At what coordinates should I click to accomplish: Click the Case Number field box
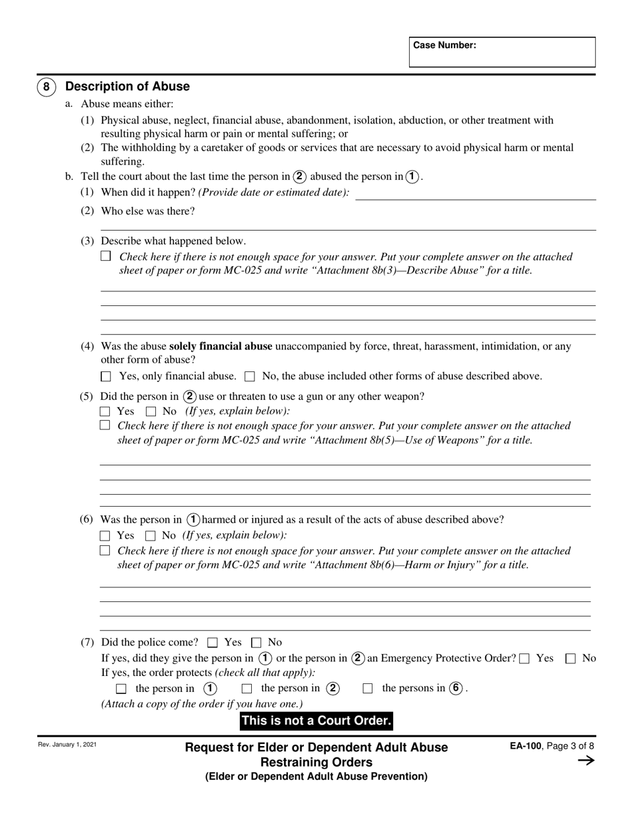tap(502, 52)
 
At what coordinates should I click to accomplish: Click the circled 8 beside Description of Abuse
tap(46, 87)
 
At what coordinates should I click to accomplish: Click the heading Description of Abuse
tap(127, 87)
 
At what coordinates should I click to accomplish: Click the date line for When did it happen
tap(476, 193)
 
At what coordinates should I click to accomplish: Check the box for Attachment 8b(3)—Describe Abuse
tap(105, 256)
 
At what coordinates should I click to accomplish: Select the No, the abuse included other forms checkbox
tap(250, 377)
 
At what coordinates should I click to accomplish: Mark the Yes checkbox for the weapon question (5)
tap(105, 412)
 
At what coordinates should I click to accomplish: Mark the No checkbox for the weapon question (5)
tap(151, 412)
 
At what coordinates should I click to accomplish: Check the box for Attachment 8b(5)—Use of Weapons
tap(105, 425)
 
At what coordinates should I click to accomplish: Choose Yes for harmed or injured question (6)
tap(105, 535)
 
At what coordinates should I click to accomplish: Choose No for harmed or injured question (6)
tap(151, 535)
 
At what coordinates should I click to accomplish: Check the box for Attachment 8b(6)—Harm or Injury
tap(105, 551)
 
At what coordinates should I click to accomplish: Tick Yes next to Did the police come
tap(213, 643)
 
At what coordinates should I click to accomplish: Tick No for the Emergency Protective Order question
tap(570, 659)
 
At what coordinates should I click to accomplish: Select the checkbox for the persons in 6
tap(368, 689)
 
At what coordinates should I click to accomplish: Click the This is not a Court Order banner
tap(316, 721)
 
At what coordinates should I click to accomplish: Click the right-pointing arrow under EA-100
tap(585, 761)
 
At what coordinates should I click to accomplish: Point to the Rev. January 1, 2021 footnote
tap(67, 745)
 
